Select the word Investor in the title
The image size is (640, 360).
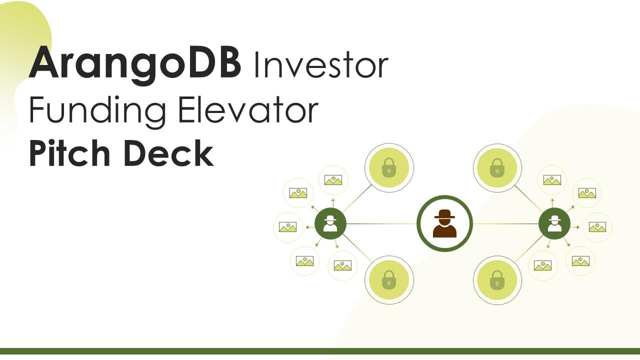321,65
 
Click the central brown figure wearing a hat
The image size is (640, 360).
444,223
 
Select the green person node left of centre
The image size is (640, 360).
330,223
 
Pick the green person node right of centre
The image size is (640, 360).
554,223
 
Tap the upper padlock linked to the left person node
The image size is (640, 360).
389,167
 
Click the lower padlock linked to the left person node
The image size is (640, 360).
389,280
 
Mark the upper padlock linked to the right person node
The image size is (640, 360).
497,167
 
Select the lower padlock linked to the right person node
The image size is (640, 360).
497,280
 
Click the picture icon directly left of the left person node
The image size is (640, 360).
287,227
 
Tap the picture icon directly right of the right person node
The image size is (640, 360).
597,227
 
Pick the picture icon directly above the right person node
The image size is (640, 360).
552,180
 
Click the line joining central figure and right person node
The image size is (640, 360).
505,223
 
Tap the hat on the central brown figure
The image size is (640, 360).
444,214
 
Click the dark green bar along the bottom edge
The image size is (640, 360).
320,351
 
